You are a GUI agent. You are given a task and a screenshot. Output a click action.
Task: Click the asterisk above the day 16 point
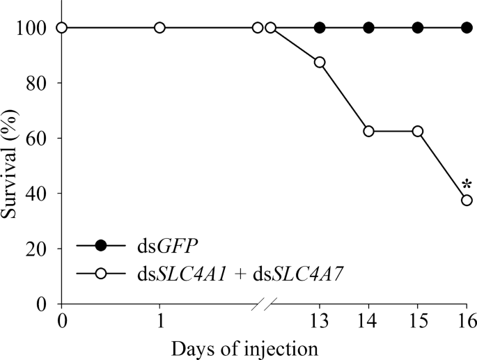(466, 185)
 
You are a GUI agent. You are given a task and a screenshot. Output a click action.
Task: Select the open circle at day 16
(467, 200)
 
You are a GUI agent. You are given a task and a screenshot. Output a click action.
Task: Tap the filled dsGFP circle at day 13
(320, 28)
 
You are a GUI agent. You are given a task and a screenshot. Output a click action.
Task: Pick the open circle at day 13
(320, 62)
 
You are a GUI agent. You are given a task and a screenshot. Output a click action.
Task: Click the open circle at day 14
(368, 131)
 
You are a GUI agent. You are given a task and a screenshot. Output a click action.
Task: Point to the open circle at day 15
(418, 131)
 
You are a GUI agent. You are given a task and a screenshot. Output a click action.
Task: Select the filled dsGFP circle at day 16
(467, 28)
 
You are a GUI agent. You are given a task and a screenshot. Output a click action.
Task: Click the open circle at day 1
(159, 28)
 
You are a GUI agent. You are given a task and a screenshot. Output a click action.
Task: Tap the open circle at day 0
(61, 28)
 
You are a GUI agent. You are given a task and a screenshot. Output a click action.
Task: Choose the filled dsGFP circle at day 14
(368, 28)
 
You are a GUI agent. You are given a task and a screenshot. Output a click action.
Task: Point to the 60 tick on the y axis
(58, 138)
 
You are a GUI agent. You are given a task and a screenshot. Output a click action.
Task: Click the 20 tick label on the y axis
(38, 249)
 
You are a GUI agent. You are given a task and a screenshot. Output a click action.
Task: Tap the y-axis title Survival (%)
(12, 165)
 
